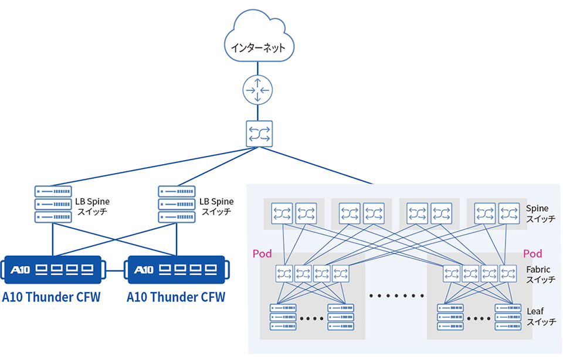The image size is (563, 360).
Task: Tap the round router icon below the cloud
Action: pyautogui.click(x=258, y=90)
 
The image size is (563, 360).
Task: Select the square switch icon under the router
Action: pyautogui.click(x=258, y=134)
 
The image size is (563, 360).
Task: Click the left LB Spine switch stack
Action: pyautogui.click(x=53, y=203)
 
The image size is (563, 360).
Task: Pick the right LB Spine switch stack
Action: pyautogui.click(x=177, y=203)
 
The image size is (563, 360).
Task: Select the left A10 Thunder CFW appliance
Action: pyautogui.click(x=53, y=270)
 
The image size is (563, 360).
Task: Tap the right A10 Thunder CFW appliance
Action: pyautogui.click(x=177, y=270)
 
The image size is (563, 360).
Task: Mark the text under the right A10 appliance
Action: pyautogui.click(x=176, y=297)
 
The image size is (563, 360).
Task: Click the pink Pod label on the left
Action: pyautogui.click(x=262, y=254)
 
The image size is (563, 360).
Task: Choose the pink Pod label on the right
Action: pyautogui.click(x=533, y=254)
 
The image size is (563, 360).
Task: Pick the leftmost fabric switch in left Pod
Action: pyautogui.click(x=285, y=273)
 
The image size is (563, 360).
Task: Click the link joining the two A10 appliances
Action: pyautogui.click(x=116, y=270)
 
